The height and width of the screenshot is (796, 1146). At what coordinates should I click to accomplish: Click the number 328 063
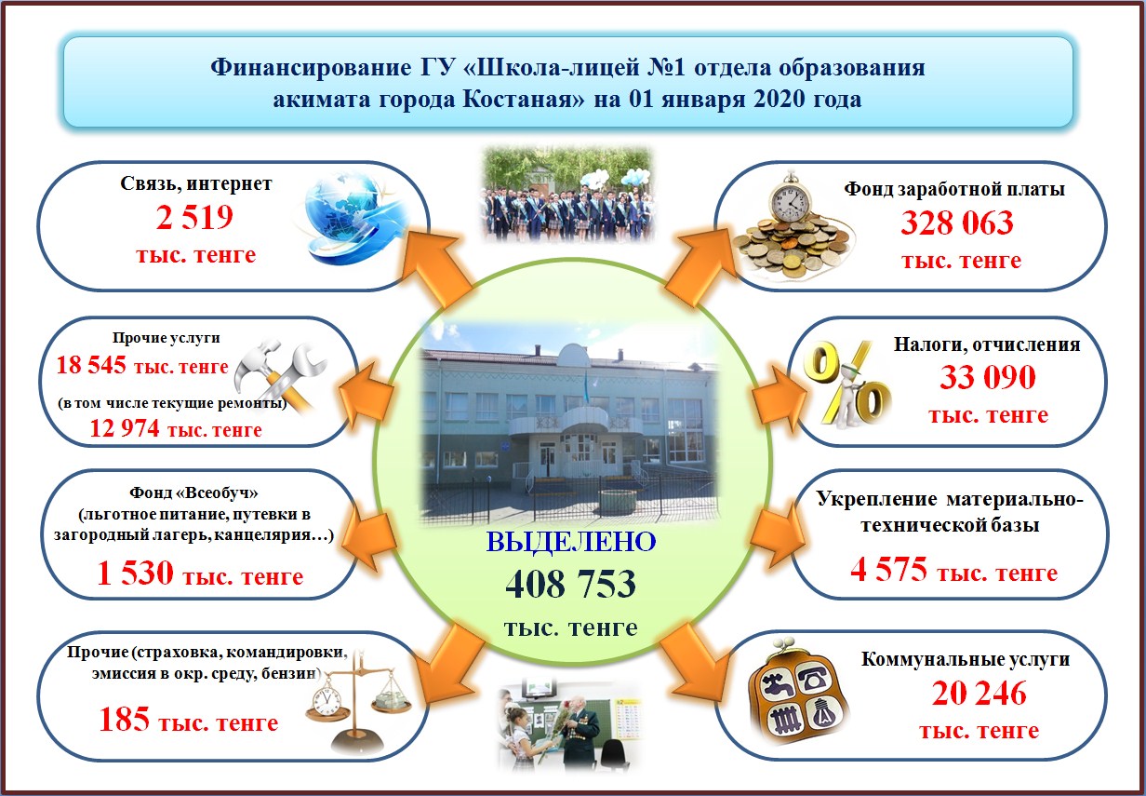(x=956, y=223)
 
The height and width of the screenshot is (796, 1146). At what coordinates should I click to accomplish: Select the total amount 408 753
(x=570, y=584)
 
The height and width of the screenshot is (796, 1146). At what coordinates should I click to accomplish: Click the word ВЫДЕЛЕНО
(x=571, y=542)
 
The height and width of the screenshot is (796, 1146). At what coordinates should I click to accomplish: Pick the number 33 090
(x=988, y=377)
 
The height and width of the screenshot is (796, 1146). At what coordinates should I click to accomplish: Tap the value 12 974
(x=125, y=428)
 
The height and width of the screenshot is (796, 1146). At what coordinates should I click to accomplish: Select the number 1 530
(x=135, y=573)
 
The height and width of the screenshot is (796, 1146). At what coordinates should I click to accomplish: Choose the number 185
(x=125, y=719)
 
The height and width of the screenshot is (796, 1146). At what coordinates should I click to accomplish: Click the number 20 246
(x=979, y=693)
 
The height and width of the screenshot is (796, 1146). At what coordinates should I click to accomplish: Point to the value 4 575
(x=888, y=569)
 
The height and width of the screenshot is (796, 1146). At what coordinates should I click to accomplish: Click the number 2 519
(x=194, y=217)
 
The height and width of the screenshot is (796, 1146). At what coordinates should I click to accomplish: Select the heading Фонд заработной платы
(x=954, y=189)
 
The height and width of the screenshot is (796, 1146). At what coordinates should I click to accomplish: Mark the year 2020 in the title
(x=780, y=99)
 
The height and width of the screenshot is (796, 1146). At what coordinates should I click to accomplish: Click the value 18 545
(x=91, y=365)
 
